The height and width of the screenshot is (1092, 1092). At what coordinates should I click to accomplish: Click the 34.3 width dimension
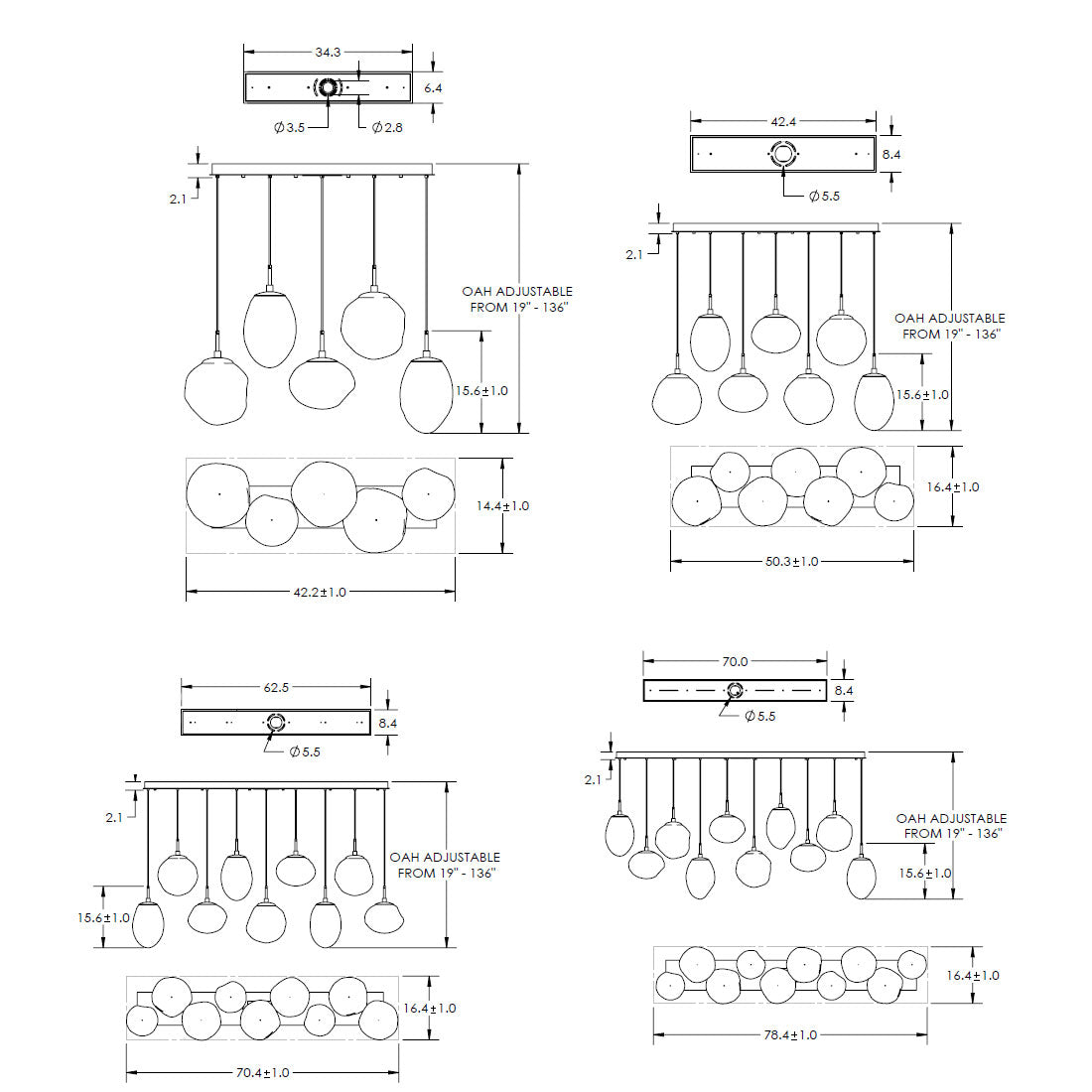tap(328, 53)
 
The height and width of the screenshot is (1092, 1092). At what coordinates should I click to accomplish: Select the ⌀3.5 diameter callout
tap(289, 127)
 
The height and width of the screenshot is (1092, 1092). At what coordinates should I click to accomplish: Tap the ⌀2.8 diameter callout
tap(387, 127)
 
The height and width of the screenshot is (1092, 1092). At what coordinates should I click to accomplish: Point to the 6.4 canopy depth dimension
tap(433, 88)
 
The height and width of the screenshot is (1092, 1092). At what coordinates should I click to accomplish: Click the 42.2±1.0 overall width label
tap(320, 592)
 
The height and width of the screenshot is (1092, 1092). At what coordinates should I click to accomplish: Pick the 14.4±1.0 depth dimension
tap(503, 505)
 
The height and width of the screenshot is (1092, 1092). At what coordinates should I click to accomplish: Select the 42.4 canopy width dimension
tap(783, 122)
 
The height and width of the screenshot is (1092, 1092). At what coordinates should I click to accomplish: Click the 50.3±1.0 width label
tap(792, 561)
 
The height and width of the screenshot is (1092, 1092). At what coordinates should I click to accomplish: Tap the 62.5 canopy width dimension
tap(276, 687)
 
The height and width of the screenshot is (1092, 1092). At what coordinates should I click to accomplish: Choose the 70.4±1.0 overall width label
tap(262, 1072)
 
